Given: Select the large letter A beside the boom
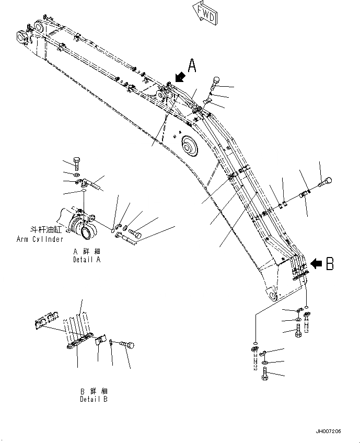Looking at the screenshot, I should pyautogui.click(x=192, y=66).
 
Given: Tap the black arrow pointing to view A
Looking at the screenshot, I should pyautogui.click(x=180, y=77).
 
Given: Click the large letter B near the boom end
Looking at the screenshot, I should pyautogui.click(x=329, y=264).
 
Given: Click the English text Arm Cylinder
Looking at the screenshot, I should pyautogui.click(x=40, y=239).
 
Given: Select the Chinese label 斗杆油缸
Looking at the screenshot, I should pyautogui.click(x=47, y=230).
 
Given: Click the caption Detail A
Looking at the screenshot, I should pyautogui.click(x=87, y=259).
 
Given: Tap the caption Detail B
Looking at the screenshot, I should pyautogui.click(x=94, y=399).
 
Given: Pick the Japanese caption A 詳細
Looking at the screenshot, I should pyautogui.click(x=87, y=251).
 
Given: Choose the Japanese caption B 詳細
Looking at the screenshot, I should pyautogui.click(x=94, y=391).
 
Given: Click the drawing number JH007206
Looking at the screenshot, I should pyautogui.click(x=328, y=431).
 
